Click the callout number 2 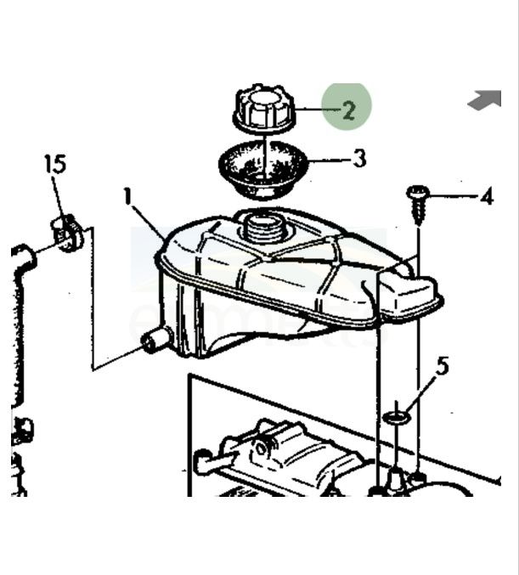pos(348,110)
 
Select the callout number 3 pos(360,159)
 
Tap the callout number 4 pos(487,197)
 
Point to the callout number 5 pos(443,365)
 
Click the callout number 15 pos(55,164)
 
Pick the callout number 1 pos(127,196)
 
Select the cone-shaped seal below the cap pos(263,169)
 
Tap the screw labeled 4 pos(417,205)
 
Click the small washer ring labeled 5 pos(396,417)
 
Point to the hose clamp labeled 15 pos(69,234)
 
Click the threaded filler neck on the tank pos(263,228)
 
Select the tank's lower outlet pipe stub pos(156,339)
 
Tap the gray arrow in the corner pos(485,99)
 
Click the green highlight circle pos(347,107)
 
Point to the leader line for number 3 pos(330,161)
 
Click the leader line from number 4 pos(454,196)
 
